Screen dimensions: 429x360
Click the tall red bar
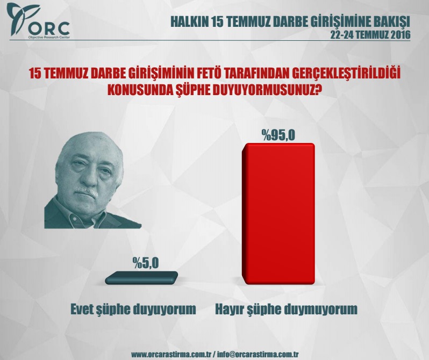click(x=278, y=214)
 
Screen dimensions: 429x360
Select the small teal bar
click(x=141, y=278)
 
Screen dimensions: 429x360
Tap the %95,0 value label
click(x=278, y=135)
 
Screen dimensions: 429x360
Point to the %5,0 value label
click(x=146, y=263)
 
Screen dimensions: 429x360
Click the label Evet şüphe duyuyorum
click(x=133, y=309)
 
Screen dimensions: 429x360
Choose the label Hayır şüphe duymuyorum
click(x=287, y=309)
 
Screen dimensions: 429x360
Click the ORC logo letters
click(x=49, y=28)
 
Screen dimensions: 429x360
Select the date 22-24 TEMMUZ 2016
click(x=370, y=35)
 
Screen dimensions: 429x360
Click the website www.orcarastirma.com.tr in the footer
click(x=170, y=354)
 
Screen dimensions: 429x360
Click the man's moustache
click(x=86, y=191)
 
